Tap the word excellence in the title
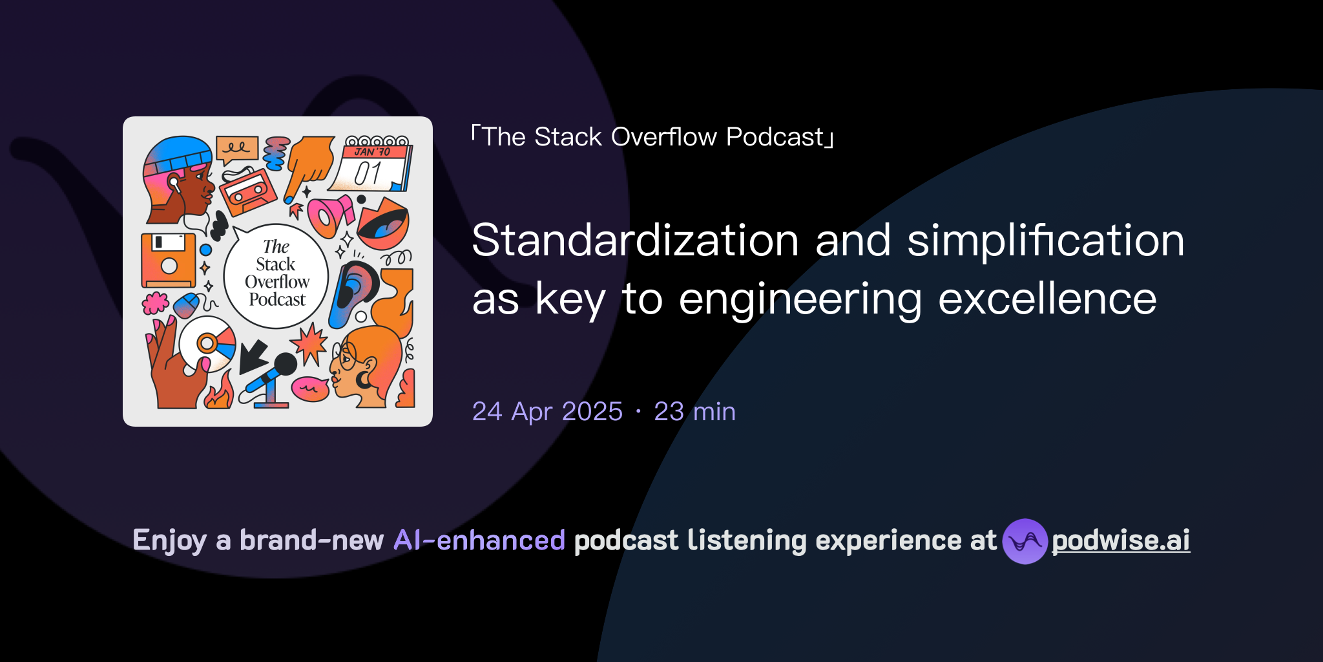[1047, 299]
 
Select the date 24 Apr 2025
[547, 412]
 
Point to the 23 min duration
[694, 412]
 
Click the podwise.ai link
[1120, 541]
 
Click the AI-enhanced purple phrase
[479, 540]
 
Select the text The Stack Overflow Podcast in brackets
[652, 137]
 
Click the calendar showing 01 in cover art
[371, 165]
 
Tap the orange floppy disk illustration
[168, 260]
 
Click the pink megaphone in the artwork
[329, 215]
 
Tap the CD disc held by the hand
[208, 343]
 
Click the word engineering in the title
[800, 299]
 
